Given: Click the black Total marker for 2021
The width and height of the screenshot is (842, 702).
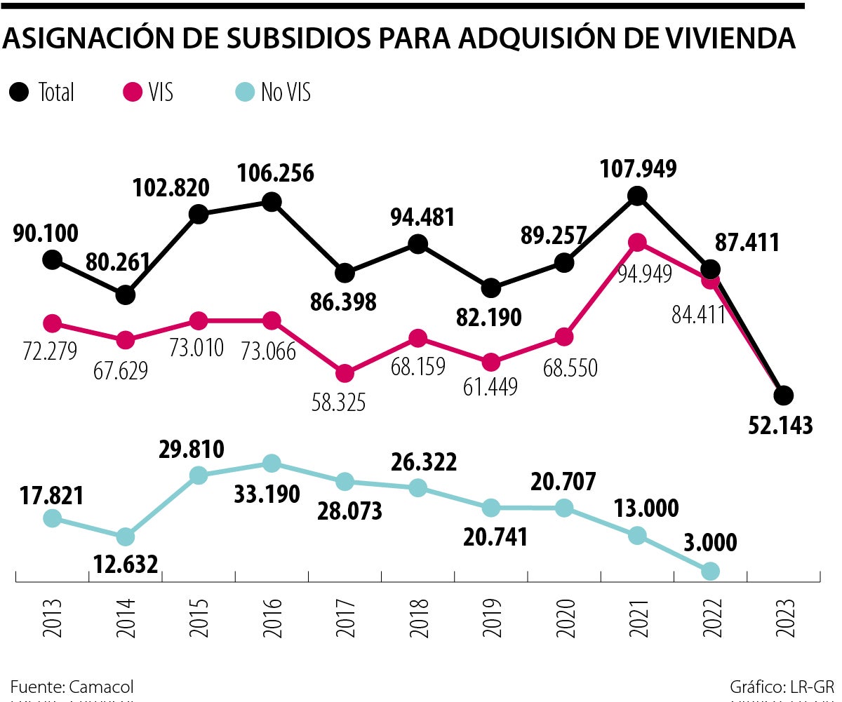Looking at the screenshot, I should pos(637,196).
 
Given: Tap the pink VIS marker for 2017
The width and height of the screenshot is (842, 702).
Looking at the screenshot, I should pos(345,373).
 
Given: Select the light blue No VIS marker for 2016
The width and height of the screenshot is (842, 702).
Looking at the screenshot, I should pos(272,463).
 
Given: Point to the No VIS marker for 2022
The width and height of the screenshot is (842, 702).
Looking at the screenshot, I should pos(710,571).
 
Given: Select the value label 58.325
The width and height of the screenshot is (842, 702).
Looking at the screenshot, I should pos(340,402).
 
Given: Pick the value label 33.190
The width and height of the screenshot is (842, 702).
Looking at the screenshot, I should pos(267,493).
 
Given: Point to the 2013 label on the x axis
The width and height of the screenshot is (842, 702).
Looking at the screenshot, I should pos(52,617).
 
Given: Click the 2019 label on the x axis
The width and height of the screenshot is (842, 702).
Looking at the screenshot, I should pos(491,617).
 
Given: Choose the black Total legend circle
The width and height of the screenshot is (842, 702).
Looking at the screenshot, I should pos(20,92).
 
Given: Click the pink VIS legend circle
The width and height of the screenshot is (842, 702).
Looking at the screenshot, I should pos(132,92).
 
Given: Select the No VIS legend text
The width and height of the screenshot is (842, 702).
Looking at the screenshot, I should pos(286,92).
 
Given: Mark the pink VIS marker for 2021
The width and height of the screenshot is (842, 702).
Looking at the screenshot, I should pos(637,242).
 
